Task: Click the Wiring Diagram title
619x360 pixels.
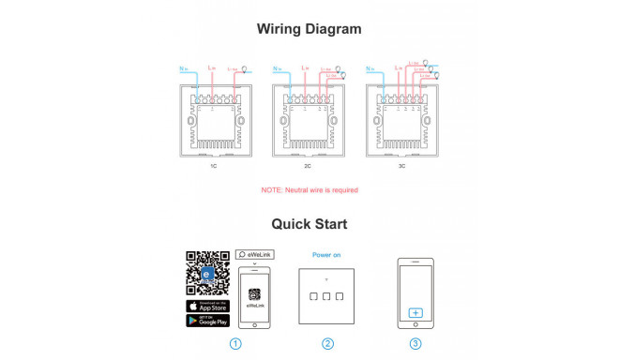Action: click(309, 29)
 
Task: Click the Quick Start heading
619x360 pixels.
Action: click(309, 224)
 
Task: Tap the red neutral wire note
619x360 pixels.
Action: click(309, 190)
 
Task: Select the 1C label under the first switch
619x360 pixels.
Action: click(214, 167)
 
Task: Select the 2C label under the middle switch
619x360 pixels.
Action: click(308, 167)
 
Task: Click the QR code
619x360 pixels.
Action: click(207, 273)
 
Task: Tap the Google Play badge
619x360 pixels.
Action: click(207, 321)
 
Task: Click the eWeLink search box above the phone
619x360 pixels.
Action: click(254, 254)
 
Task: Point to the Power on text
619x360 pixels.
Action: click(326, 254)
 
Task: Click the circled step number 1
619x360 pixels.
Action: click(235, 343)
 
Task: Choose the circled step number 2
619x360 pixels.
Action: click(327, 343)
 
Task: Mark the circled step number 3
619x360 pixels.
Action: click(415, 343)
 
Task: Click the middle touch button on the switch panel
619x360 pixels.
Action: click(326, 297)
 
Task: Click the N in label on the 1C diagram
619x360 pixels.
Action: click(183, 69)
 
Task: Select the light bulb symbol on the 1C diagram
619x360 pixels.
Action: click(246, 68)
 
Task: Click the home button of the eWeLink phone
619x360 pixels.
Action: click(254, 323)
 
